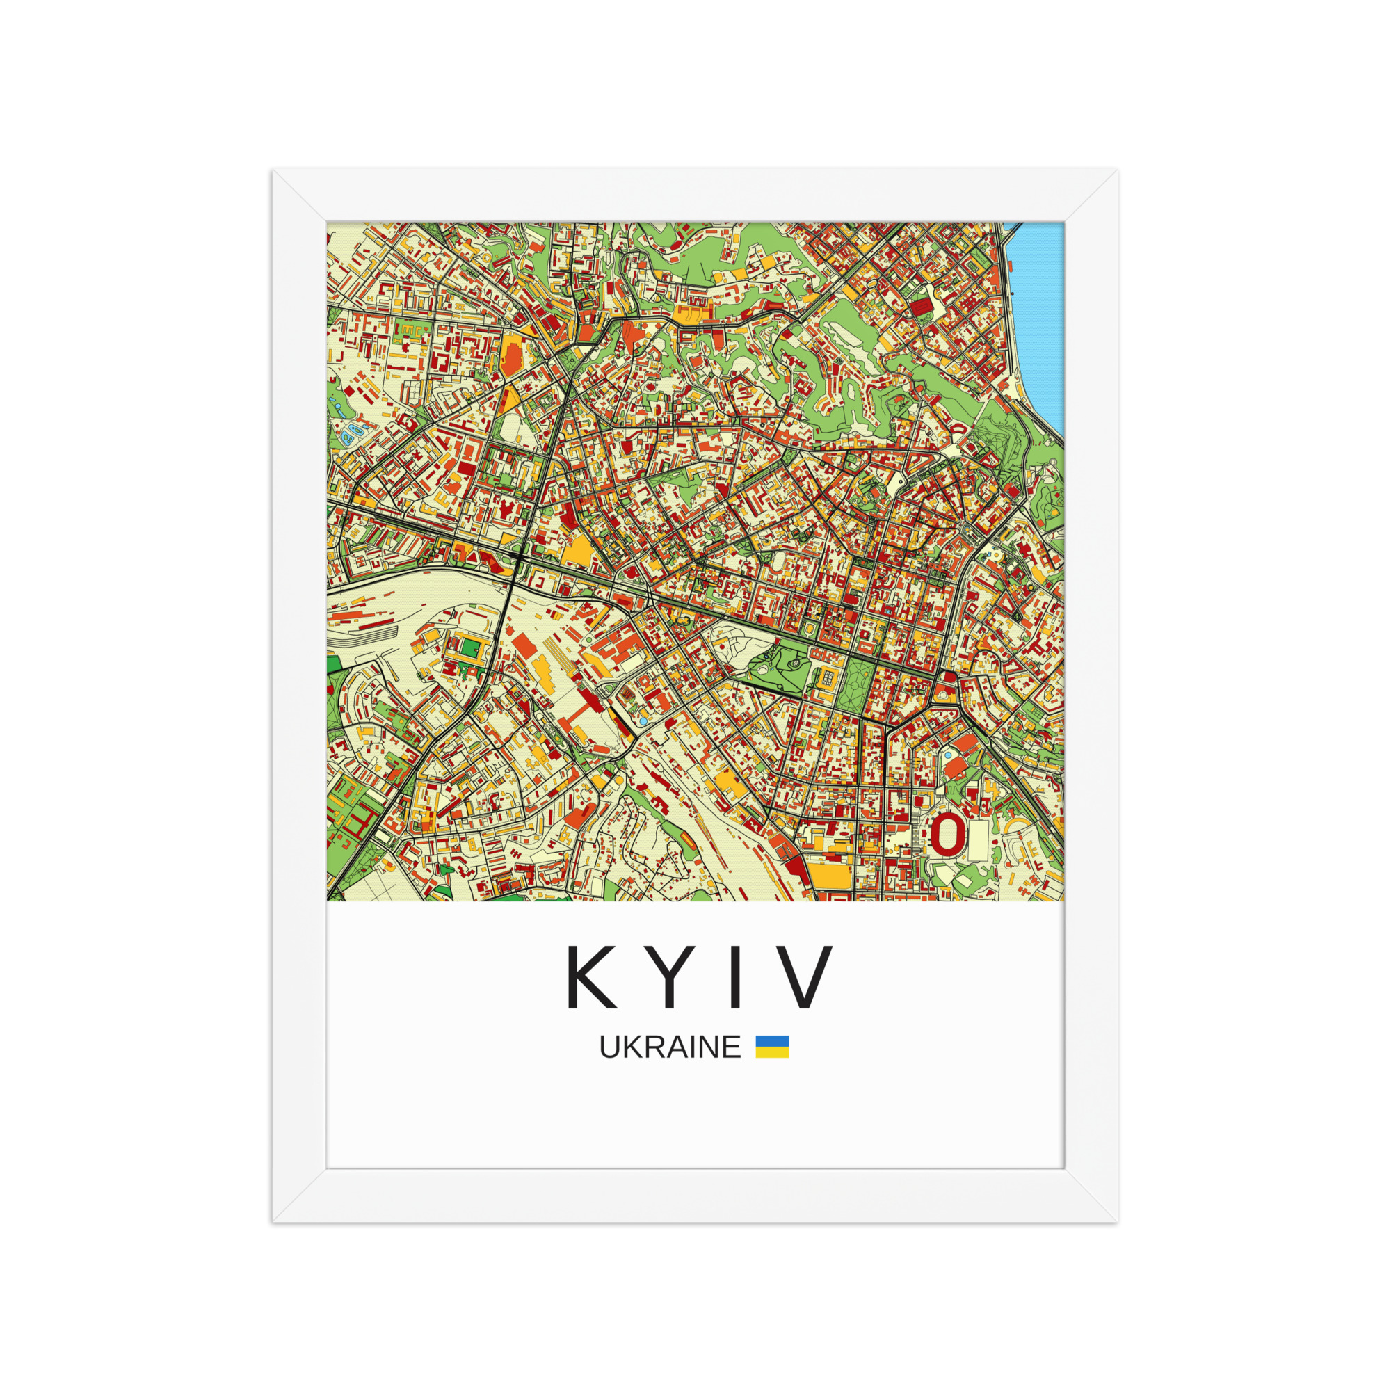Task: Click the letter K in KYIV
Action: [x=592, y=977]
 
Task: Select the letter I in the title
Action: [x=735, y=977]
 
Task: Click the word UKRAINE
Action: [x=670, y=1047]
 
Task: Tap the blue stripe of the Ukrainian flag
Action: [x=772, y=1041]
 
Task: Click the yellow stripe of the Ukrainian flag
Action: [x=772, y=1052]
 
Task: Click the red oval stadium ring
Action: [x=947, y=834]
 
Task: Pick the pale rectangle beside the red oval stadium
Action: [x=979, y=840]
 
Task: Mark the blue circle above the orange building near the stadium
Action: [x=948, y=755]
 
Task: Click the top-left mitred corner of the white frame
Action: [x=299, y=195]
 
